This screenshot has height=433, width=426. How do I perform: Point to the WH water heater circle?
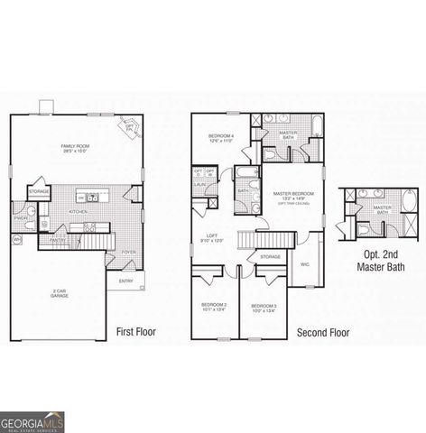point(16,238)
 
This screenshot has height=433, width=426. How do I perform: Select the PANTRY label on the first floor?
point(57,240)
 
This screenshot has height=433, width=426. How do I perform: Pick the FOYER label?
point(129,252)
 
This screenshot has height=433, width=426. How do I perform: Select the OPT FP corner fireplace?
point(130,127)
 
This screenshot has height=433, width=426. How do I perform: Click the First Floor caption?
point(136,332)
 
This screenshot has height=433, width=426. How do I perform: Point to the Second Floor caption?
point(323,332)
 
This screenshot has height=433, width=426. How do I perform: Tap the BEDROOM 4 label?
point(222,138)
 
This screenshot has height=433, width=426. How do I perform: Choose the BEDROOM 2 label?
point(214,307)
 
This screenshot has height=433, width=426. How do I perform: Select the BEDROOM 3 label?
point(264,307)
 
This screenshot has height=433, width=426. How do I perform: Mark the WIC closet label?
point(304,264)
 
